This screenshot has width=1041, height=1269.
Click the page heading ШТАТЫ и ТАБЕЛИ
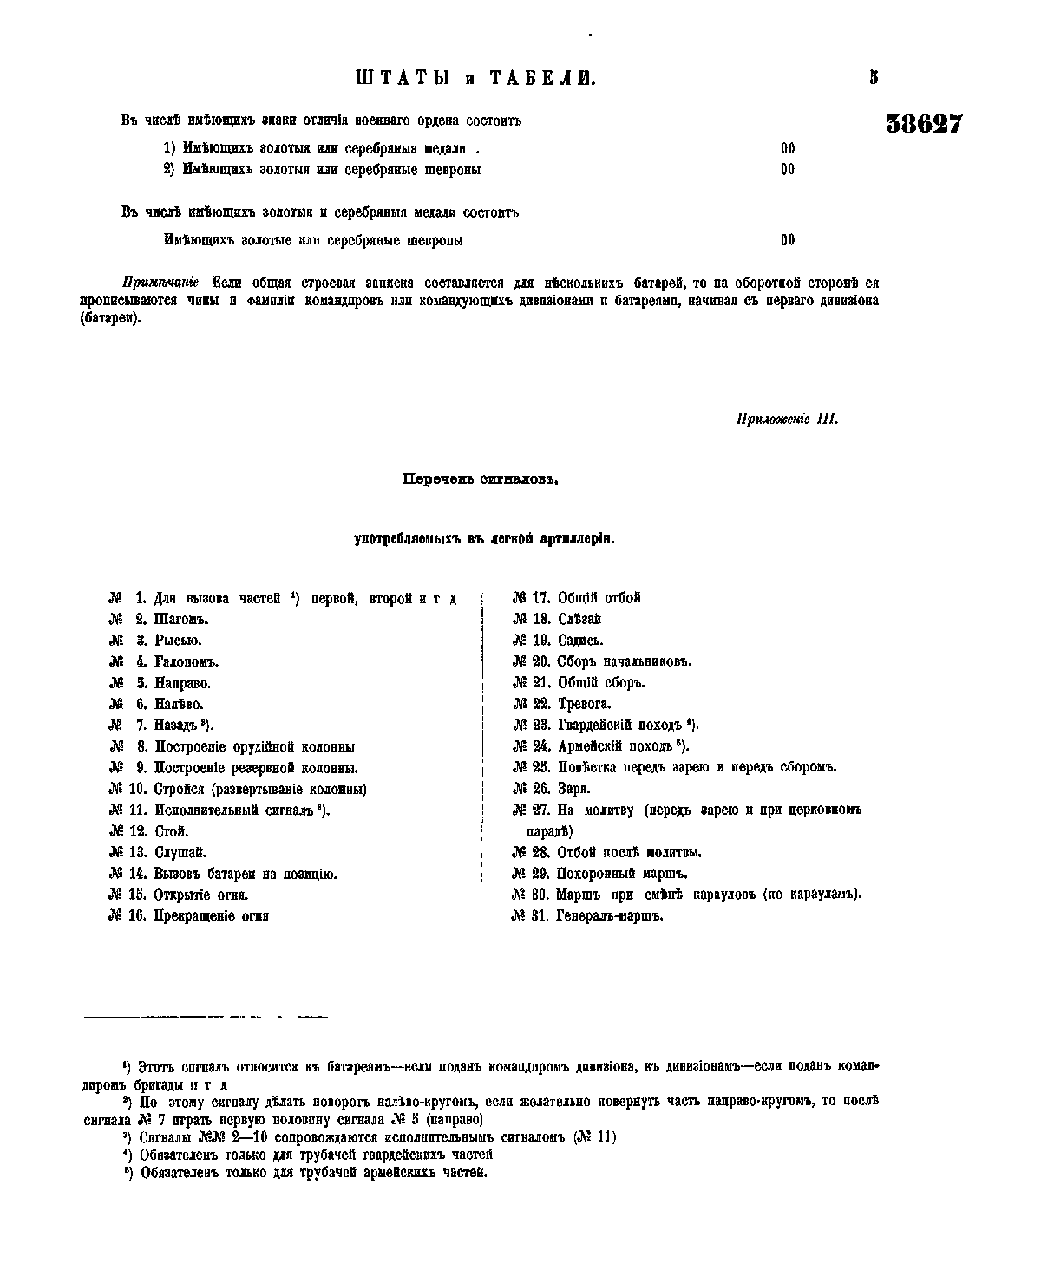(x=476, y=79)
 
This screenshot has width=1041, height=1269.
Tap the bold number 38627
(x=924, y=124)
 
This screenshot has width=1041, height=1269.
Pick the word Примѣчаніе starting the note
(x=161, y=283)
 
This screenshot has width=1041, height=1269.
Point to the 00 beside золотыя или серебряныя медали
(x=788, y=148)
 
